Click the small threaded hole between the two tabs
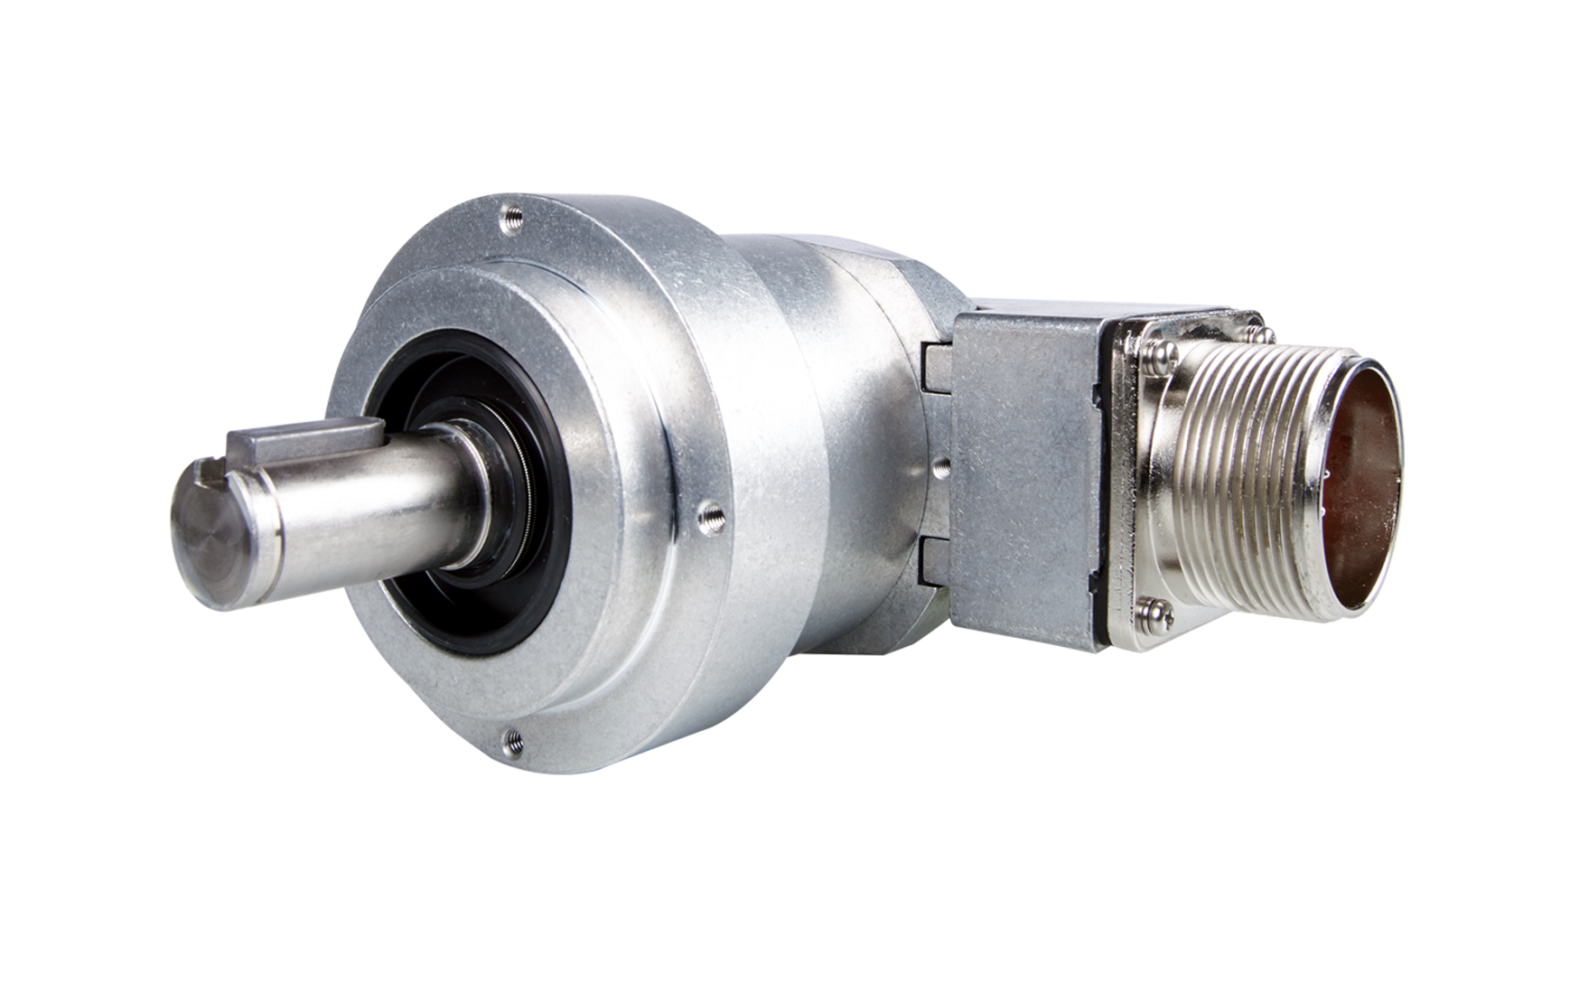[940, 466]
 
